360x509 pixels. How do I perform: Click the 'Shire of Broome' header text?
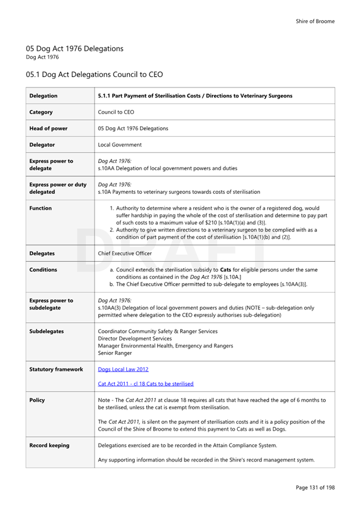tap(315, 21)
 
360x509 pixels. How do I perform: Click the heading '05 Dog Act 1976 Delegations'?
tap(74, 48)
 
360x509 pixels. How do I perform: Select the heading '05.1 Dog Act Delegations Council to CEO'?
tap(94, 74)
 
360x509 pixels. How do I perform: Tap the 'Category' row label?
tap(41, 112)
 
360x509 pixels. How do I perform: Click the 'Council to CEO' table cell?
tap(116, 112)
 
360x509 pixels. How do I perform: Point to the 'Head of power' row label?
tap(49, 128)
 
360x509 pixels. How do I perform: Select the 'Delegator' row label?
tap(42, 145)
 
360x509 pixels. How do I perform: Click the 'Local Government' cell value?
tap(120, 145)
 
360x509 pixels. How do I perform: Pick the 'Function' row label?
tap(40, 208)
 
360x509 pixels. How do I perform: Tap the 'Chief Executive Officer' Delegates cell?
tap(125, 253)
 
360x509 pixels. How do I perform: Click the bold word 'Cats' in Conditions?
tap(228, 270)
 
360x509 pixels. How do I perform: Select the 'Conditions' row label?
tap(43, 270)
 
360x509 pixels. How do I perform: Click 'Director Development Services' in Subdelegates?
tap(135, 338)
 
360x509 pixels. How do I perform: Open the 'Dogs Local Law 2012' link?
tap(123, 369)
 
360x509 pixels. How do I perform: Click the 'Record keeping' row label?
tap(49, 445)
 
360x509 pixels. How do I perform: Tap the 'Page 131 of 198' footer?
tap(315, 488)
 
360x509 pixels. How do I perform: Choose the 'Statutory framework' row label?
tap(56, 369)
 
